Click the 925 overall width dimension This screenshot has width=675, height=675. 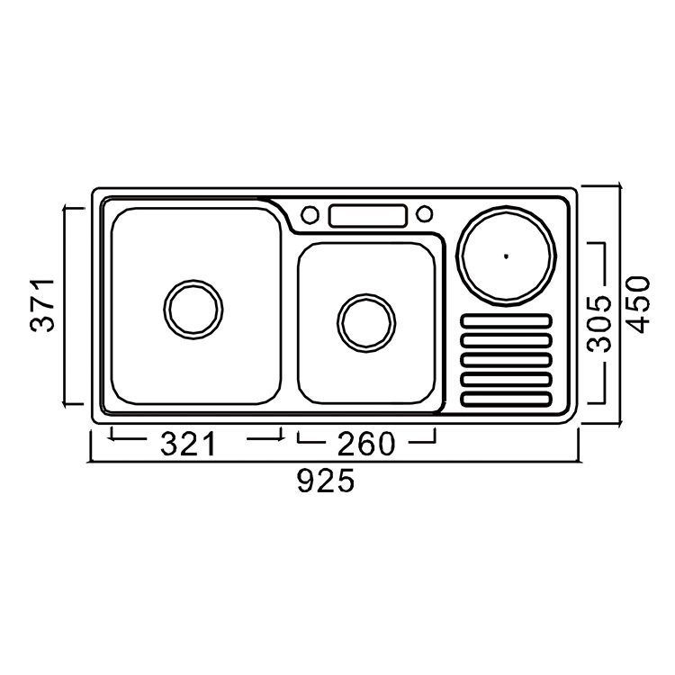[x=326, y=481]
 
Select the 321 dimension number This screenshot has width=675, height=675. [x=187, y=445]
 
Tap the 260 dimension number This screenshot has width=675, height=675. [x=366, y=445]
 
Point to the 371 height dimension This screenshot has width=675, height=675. [x=42, y=306]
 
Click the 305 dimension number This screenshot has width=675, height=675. [x=599, y=323]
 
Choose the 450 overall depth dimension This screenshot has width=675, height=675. [x=636, y=305]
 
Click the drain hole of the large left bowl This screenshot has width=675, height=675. [x=193, y=309]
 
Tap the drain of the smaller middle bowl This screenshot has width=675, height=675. [x=366, y=323]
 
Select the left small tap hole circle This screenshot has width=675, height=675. [x=310, y=214]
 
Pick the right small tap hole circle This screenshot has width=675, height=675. [x=424, y=213]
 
